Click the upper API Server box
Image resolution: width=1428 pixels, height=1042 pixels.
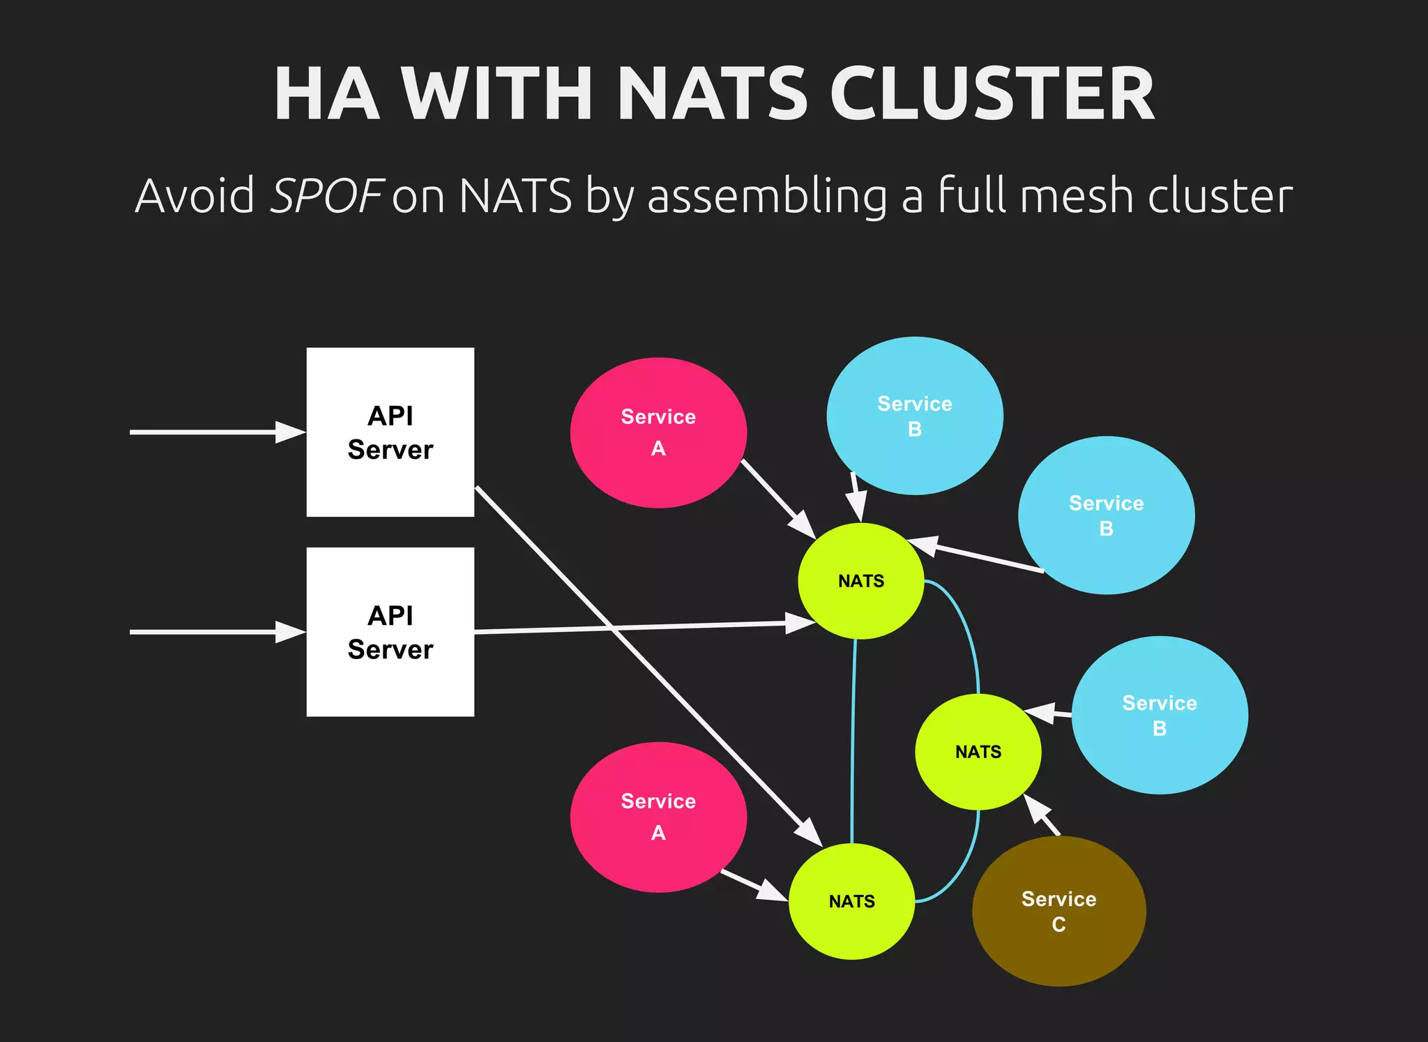(390, 432)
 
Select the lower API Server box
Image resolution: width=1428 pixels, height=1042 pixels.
(390, 631)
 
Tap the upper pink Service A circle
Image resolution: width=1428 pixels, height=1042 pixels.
(658, 432)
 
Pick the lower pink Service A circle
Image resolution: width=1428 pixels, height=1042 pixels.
(658, 817)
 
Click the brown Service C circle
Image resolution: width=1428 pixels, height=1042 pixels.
(1058, 911)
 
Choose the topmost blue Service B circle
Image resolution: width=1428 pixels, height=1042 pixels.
(914, 416)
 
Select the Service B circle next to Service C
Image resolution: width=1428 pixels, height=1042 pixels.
(1159, 715)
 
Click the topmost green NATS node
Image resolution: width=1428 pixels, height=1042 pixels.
(860, 580)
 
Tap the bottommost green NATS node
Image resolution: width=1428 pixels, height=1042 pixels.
(851, 901)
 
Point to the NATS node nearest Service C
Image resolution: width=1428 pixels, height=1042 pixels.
(978, 751)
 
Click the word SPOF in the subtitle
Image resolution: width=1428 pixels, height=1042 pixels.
(326, 196)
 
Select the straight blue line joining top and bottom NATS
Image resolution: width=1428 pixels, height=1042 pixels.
(853, 739)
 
